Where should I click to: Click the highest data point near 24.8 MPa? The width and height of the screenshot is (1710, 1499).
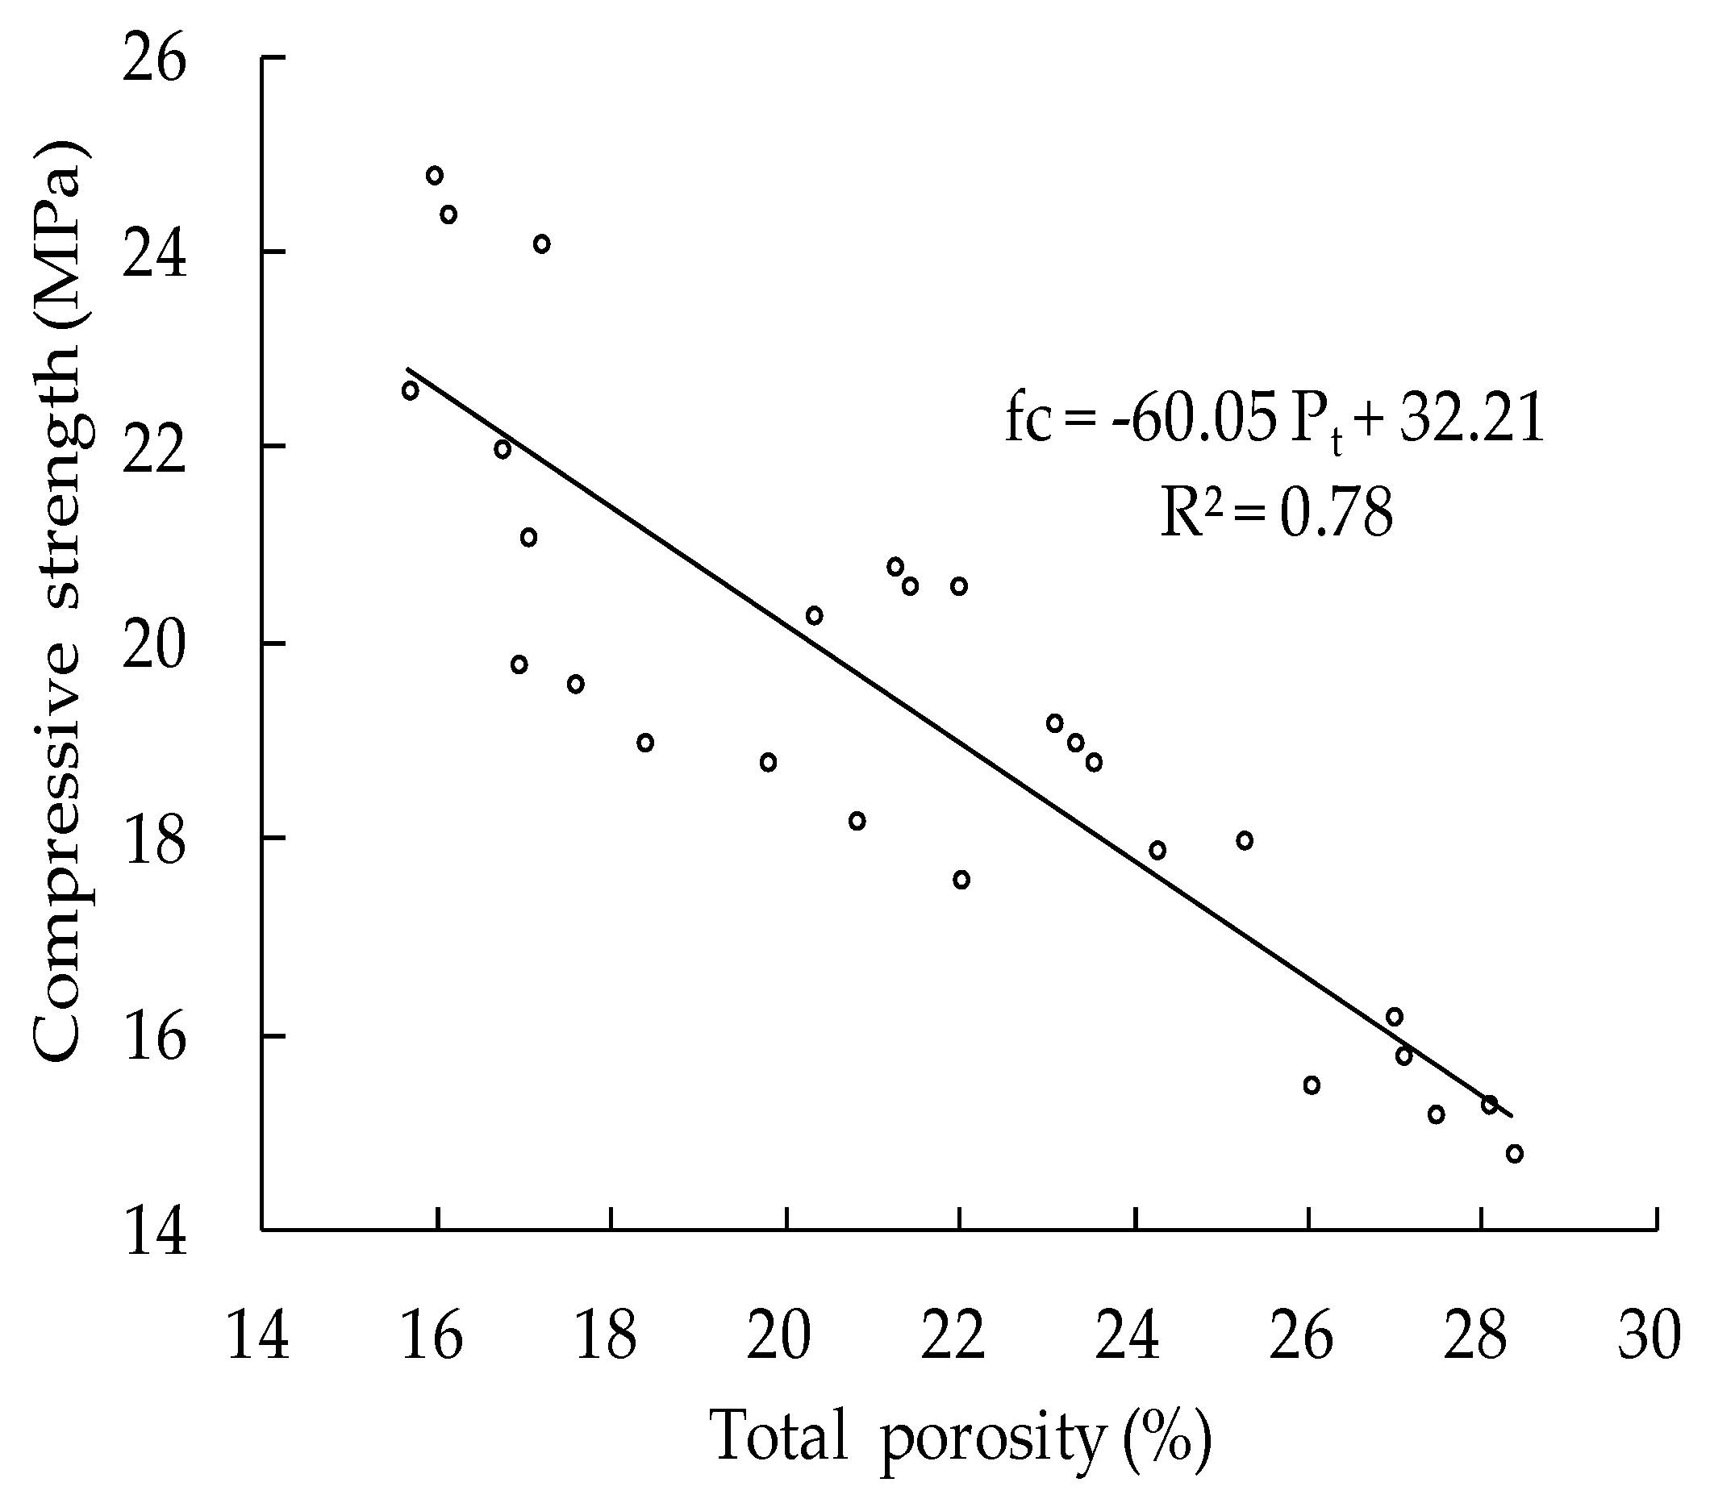tap(434, 175)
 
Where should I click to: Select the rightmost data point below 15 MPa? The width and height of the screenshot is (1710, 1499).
tap(1514, 1154)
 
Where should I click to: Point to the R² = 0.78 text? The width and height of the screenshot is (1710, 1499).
tap(1276, 512)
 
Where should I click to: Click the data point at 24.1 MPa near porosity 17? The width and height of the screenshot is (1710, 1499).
tap(541, 244)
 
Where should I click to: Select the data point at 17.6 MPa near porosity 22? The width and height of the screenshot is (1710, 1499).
tap(961, 879)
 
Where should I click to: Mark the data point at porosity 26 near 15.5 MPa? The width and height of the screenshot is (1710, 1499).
tap(1312, 1085)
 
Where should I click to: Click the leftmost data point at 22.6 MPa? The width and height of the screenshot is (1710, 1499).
tap(410, 390)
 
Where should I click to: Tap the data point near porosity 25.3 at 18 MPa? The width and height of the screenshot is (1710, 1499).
tap(1245, 841)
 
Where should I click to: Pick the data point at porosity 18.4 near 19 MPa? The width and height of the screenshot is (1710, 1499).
tap(645, 743)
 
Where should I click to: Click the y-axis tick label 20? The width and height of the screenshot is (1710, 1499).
tap(153, 646)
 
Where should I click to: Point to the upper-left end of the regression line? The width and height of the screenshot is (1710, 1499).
tap(408, 368)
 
